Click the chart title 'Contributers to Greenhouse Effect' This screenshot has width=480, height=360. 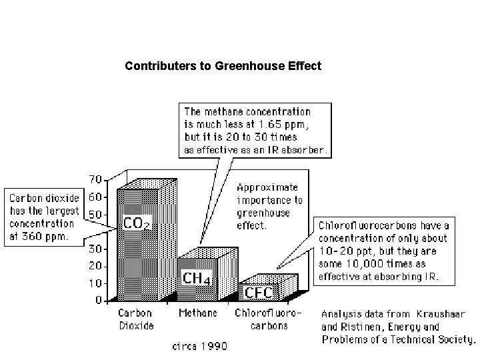tap(223, 66)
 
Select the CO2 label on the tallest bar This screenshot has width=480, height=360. tap(137, 223)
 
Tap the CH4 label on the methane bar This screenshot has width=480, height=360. tap(197, 277)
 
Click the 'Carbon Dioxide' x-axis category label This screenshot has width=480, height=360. tap(136, 319)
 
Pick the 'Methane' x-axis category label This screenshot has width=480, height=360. tap(197, 313)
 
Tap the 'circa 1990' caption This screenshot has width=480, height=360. tap(200, 346)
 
